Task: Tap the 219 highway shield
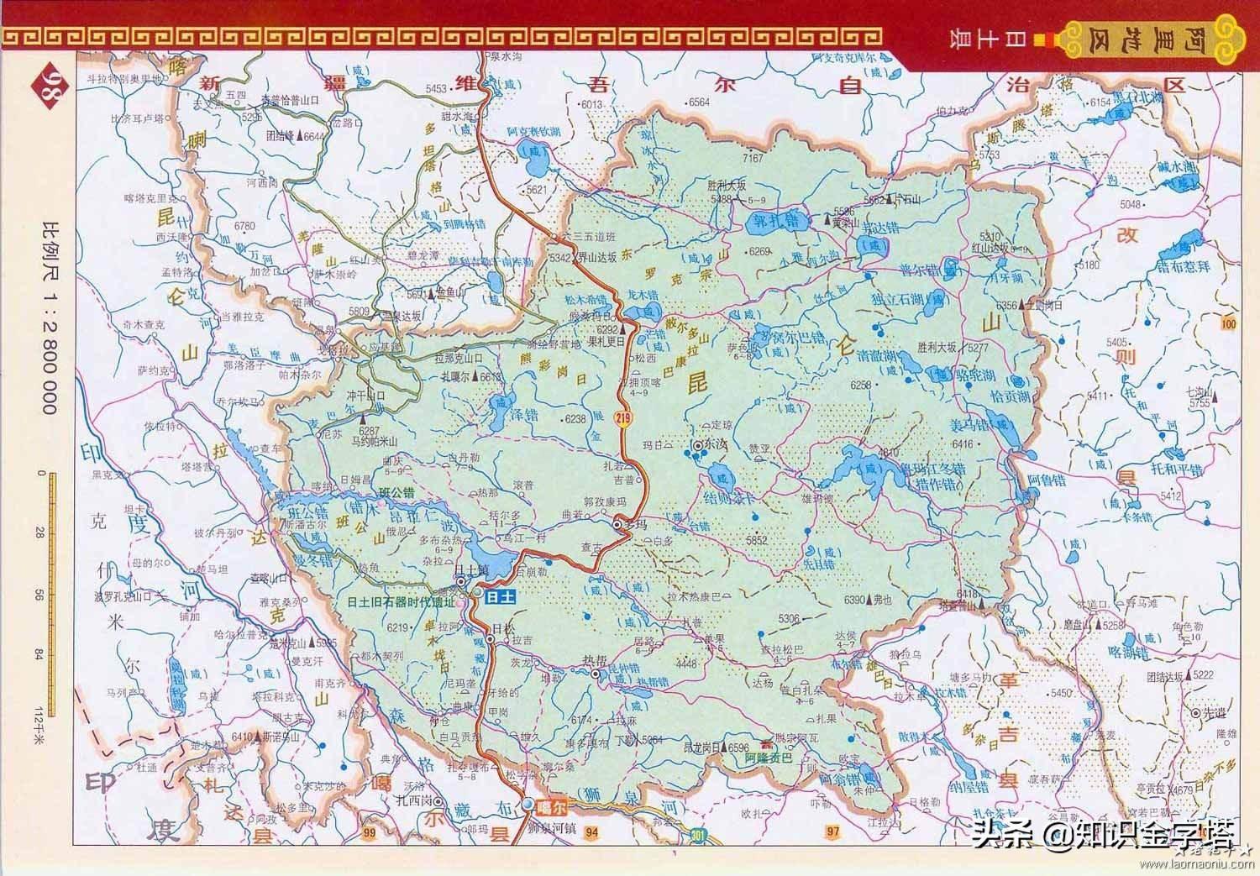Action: (622, 417)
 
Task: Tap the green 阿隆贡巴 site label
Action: (769, 758)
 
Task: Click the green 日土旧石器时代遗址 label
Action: (402, 602)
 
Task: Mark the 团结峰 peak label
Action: (282, 134)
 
